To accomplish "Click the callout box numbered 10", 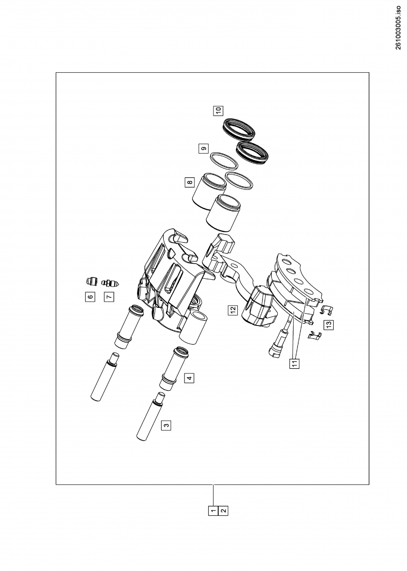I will coord(218,111).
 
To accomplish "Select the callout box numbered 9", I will coord(203,148).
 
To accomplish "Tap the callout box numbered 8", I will coord(190,182).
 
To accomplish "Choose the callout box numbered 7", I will coord(109,296).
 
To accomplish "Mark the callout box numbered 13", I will coord(328,325).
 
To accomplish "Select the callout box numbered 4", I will coord(190,378).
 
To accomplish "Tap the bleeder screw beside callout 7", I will coord(112,283).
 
